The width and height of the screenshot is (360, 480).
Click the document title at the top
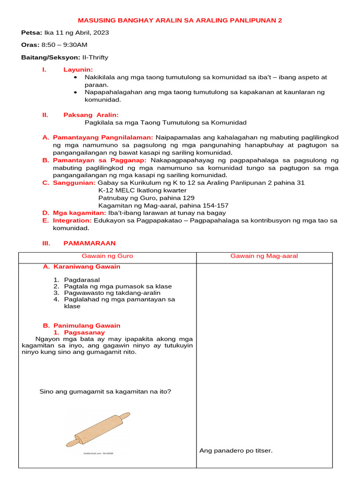[x=180, y=21]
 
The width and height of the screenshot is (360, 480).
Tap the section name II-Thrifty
[x=95, y=57]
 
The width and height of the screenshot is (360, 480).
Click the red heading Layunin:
[x=78, y=69]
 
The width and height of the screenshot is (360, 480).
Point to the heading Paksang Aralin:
[x=91, y=115]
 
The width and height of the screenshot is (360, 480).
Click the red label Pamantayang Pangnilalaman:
[x=103, y=137]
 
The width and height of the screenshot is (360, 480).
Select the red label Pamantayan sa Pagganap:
[x=100, y=160]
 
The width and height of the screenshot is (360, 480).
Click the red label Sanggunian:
[x=74, y=183]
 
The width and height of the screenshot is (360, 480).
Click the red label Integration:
[x=72, y=220]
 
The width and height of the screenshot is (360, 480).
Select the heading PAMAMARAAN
[x=89, y=243]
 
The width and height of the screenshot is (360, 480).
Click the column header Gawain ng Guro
[x=107, y=256]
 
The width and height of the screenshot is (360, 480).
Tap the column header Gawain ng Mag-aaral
[x=264, y=256]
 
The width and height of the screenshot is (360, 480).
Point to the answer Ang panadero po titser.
[x=236, y=450]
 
